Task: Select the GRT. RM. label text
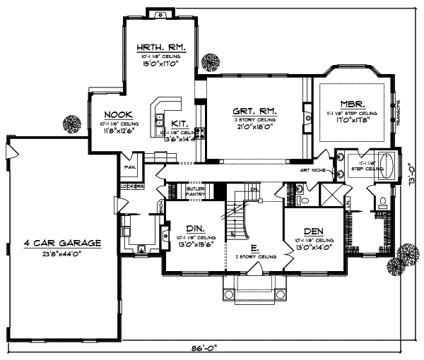tap(255, 111)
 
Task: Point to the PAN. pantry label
tap(130, 167)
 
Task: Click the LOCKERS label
tap(131, 186)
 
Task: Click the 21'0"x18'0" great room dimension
tap(255, 128)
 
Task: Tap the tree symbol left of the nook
tap(71, 124)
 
